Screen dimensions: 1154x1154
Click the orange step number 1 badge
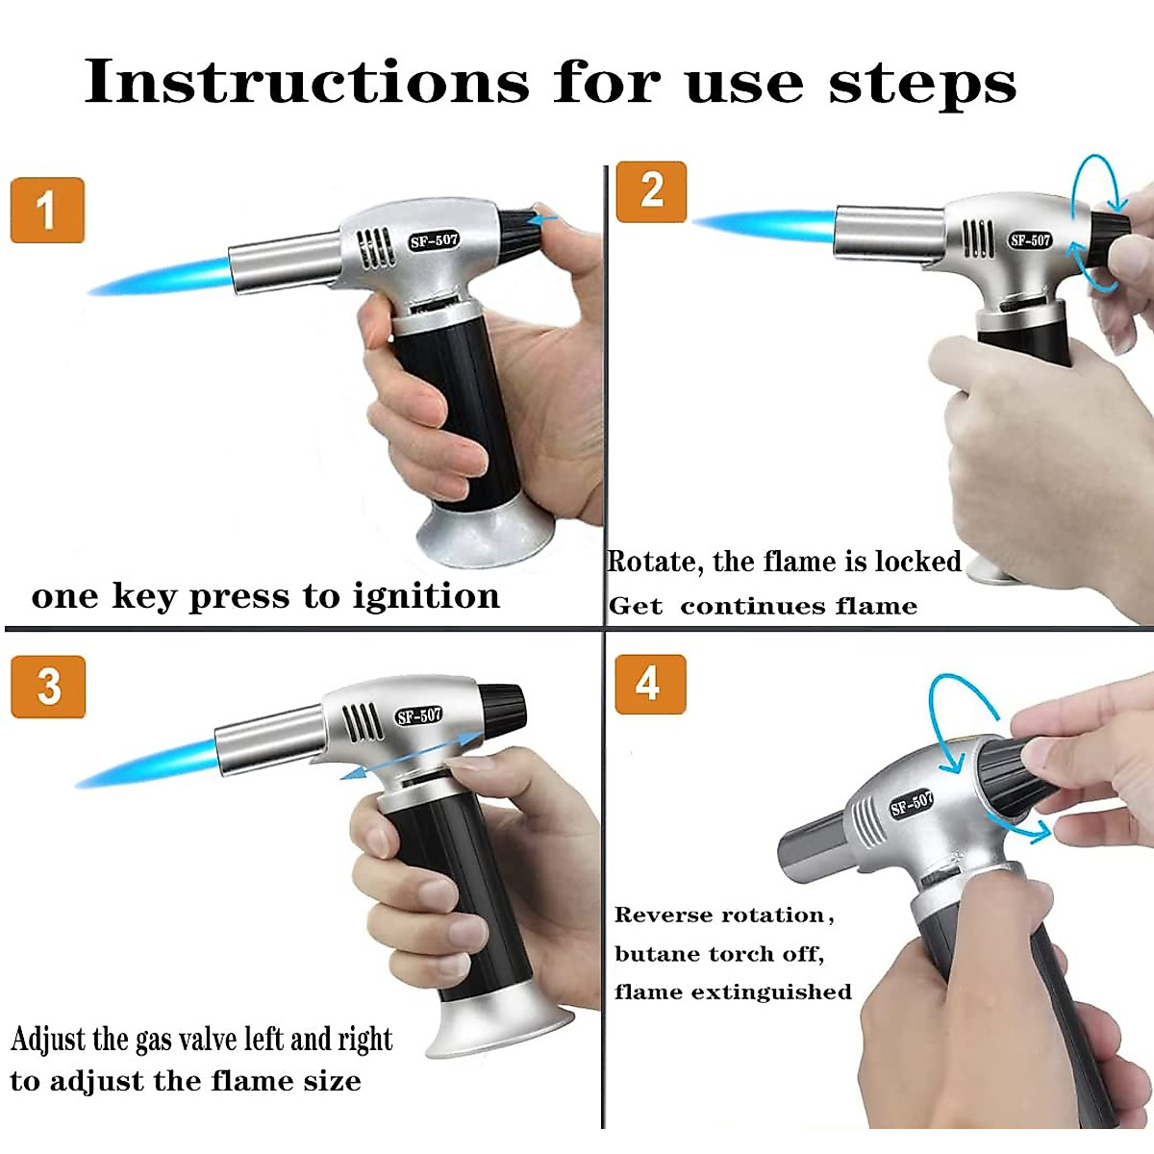pyautogui.click(x=48, y=211)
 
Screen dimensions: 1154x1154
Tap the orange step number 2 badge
pyautogui.click(x=651, y=191)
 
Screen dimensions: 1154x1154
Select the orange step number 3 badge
pyautogui.click(x=48, y=687)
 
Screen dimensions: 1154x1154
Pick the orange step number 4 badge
pyautogui.click(x=650, y=684)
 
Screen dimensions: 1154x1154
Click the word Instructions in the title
pyautogui.click(x=307, y=82)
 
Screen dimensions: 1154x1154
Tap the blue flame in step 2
pyautogui.click(x=765, y=226)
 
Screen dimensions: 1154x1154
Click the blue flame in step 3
pyautogui.click(x=147, y=765)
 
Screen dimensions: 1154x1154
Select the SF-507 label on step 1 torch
pyautogui.click(x=434, y=240)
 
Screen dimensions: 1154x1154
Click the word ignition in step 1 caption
pyautogui.click(x=426, y=597)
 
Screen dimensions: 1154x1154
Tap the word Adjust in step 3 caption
pyautogui.click(x=49, y=1041)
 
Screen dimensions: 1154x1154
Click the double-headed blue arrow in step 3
pyautogui.click(x=412, y=755)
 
